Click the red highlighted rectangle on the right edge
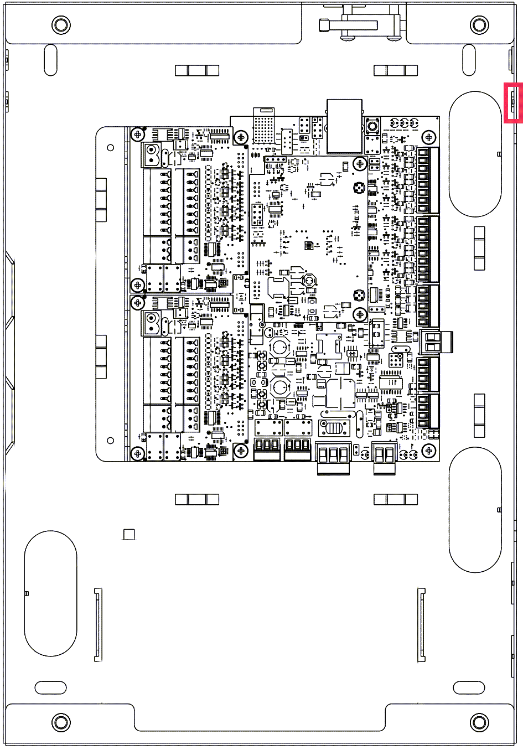(513, 102)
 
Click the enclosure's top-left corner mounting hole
(60, 24)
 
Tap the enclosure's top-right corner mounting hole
(479, 24)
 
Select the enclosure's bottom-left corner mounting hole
(60, 722)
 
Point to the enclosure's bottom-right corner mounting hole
(479, 722)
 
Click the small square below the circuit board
(129, 534)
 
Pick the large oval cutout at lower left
(50, 593)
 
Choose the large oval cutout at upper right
(475, 154)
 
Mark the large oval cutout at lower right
(475, 510)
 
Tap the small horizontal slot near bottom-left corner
(50, 687)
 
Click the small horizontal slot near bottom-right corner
(469, 687)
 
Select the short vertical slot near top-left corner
(50, 60)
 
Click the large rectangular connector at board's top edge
(344, 126)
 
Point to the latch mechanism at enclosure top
(360, 25)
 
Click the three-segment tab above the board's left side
(197, 70)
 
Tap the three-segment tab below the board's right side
(395, 500)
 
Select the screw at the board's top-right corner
(428, 137)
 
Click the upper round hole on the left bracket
(111, 148)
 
